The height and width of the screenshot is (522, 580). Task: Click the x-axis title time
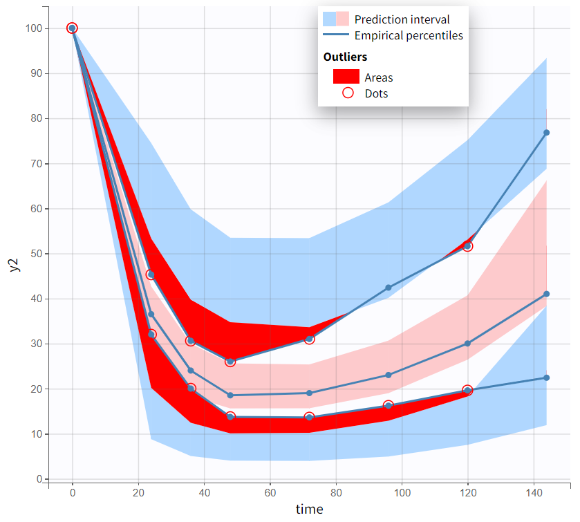click(x=309, y=510)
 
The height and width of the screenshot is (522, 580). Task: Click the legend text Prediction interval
click(x=402, y=19)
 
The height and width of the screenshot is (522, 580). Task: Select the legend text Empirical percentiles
click(x=409, y=35)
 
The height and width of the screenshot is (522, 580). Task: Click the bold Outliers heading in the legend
click(x=345, y=57)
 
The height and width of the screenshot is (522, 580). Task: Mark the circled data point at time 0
click(x=72, y=28)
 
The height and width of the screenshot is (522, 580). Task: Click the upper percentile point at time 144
click(x=546, y=133)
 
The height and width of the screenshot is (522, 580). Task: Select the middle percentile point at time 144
click(x=546, y=294)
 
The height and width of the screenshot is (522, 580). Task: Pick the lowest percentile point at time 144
click(x=546, y=377)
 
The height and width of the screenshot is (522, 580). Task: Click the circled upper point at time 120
click(x=467, y=246)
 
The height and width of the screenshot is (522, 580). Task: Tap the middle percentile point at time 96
click(x=389, y=375)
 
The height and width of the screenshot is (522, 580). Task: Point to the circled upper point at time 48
click(x=230, y=362)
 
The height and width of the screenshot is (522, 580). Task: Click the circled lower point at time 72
click(x=309, y=417)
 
